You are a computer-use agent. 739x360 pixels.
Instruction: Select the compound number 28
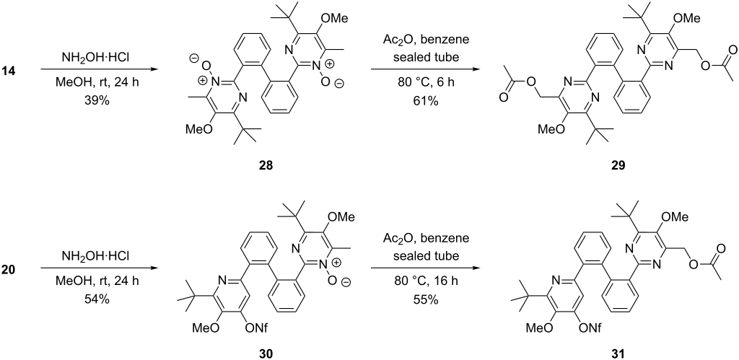click(x=266, y=165)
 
